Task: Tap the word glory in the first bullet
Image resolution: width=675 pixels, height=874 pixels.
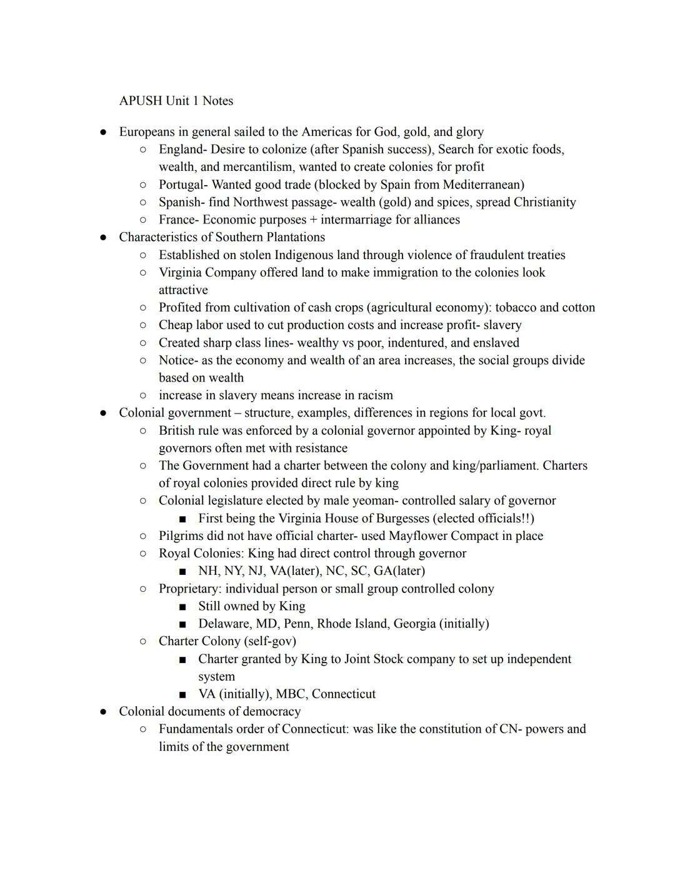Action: click(469, 132)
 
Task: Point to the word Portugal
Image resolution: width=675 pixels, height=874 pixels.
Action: click(181, 185)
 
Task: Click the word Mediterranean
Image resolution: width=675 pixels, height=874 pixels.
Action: click(483, 185)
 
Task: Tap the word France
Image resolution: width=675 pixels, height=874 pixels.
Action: click(176, 220)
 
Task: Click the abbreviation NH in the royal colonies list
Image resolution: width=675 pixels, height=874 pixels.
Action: click(207, 571)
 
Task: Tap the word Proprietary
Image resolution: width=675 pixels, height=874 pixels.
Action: click(188, 589)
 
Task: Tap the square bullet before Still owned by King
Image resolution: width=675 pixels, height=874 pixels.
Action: click(182, 607)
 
